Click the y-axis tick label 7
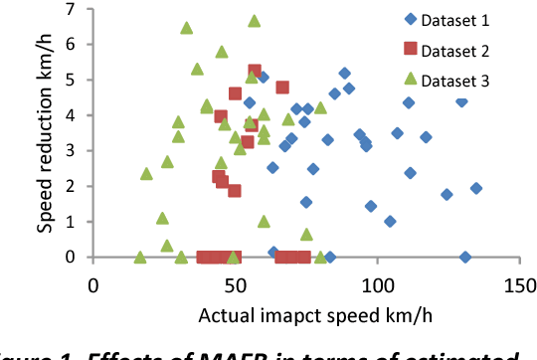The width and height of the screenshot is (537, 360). click(x=70, y=9)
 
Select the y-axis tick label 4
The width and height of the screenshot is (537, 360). click(x=70, y=115)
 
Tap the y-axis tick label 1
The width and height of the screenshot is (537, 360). click(x=70, y=222)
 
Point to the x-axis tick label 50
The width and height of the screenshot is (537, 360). click(x=236, y=285)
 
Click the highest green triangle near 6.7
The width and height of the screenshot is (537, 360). click(x=255, y=21)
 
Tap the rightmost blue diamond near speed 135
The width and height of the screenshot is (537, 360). click(x=476, y=188)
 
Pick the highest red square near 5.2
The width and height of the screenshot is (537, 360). click(x=255, y=72)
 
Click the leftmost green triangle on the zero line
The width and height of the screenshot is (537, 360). click(x=140, y=257)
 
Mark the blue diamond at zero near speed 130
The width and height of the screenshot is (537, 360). click(x=465, y=257)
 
